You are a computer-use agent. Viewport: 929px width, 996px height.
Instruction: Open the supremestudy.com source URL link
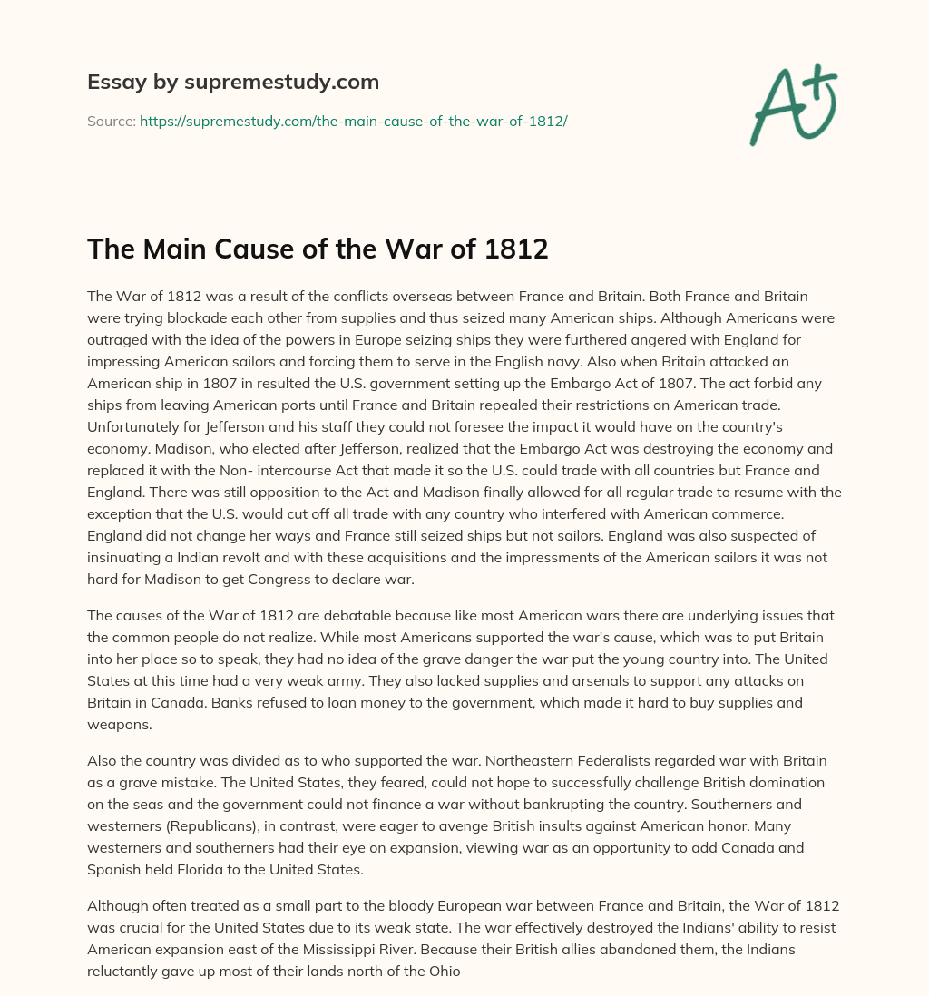[353, 121]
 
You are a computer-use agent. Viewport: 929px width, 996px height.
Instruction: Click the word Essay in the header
[110, 83]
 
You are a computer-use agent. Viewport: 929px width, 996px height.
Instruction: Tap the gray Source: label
[111, 121]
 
